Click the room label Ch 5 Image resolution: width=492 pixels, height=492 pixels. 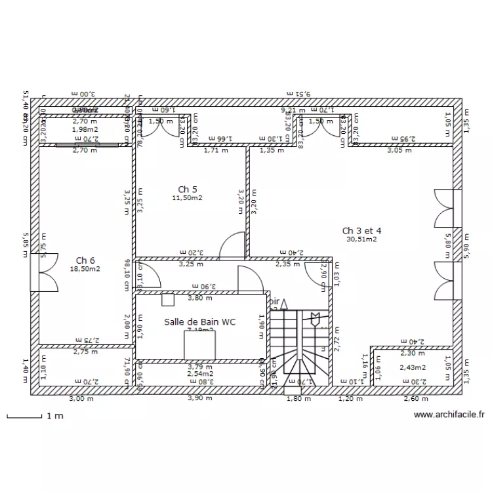tap(187, 190)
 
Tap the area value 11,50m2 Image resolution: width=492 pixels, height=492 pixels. tap(187, 198)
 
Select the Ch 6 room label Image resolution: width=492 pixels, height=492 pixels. tap(85, 260)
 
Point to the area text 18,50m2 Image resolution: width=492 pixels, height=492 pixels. tap(85, 269)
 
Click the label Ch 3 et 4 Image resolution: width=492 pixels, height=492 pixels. tap(361, 230)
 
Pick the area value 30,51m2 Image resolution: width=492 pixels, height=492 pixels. tap(361, 239)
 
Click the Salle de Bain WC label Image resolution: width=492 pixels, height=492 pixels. tap(199, 321)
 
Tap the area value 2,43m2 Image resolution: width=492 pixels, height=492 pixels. tap(413, 367)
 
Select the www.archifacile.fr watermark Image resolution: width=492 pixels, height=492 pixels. tap(449, 415)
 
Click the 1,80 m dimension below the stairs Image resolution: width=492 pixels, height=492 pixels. tap(298, 398)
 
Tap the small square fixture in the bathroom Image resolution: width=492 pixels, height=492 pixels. tap(168, 299)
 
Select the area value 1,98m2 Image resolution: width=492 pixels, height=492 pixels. tap(84, 129)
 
